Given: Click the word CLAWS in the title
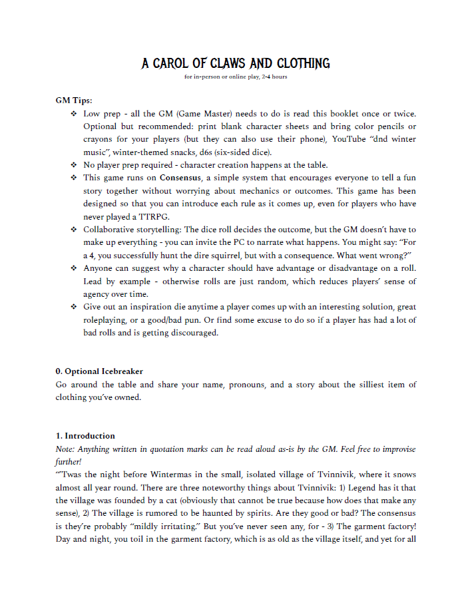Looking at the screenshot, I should tap(228, 64).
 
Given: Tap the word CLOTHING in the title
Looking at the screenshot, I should tap(302, 64).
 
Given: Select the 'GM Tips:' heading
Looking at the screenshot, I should tap(74, 101).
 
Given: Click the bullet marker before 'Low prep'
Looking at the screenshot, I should tap(73, 114).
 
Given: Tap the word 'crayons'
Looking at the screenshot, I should tap(99, 139).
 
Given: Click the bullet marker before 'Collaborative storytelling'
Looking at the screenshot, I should tap(73, 230).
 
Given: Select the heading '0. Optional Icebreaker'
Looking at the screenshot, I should tap(99, 371).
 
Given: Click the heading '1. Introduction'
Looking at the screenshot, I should tap(85, 436).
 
